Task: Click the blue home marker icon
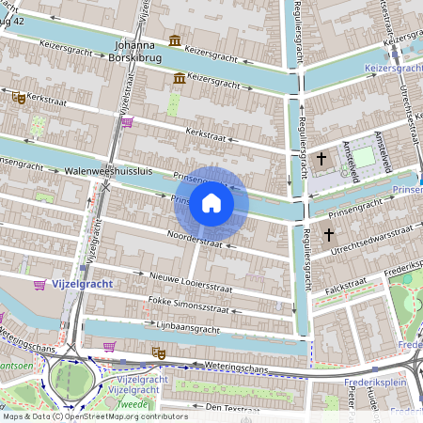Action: coord(211,203)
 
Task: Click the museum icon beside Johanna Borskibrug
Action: coord(175,40)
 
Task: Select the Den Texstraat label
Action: coord(231,407)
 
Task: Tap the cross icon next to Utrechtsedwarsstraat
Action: coord(328,233)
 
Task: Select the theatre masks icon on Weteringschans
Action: coord(159,352)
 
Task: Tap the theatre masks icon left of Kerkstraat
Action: coord(18,97)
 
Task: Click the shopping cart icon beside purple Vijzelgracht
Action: coord(39,285)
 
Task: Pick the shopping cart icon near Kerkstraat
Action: coord(126,121)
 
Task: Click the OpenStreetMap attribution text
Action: coord(95,415)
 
